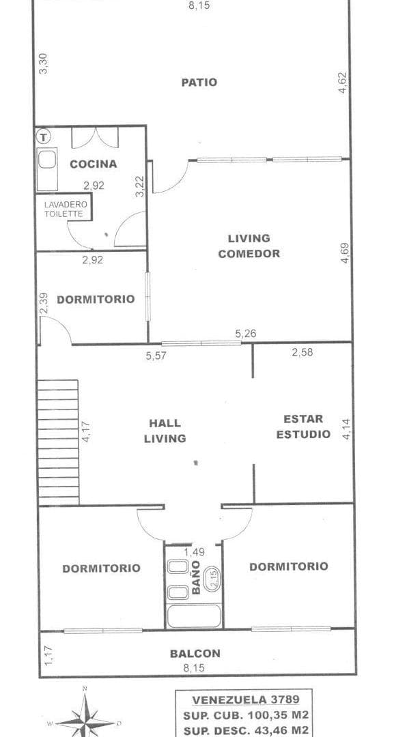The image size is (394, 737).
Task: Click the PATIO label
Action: [x=199, y=83]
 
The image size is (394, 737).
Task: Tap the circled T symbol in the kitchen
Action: [x=44, y=136]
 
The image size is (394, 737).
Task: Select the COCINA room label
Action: [x=93, y=164]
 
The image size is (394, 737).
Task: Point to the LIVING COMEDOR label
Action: [x=249, y=246]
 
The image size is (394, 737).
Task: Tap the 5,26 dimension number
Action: [x=246, y=334]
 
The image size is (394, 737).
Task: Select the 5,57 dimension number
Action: [x=156, y=355]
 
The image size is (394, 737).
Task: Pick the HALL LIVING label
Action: [x=165, y=431]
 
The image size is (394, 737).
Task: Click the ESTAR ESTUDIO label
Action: [x=303, y=427]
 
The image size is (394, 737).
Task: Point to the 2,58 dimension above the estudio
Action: [x=302, y=352]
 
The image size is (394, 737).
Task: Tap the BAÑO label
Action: [x=197, y=577]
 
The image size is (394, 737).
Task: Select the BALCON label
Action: [x=195, y=653]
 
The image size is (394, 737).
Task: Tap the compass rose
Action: [x=85, y=720]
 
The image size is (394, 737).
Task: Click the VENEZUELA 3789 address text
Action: [x=244, y=699]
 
